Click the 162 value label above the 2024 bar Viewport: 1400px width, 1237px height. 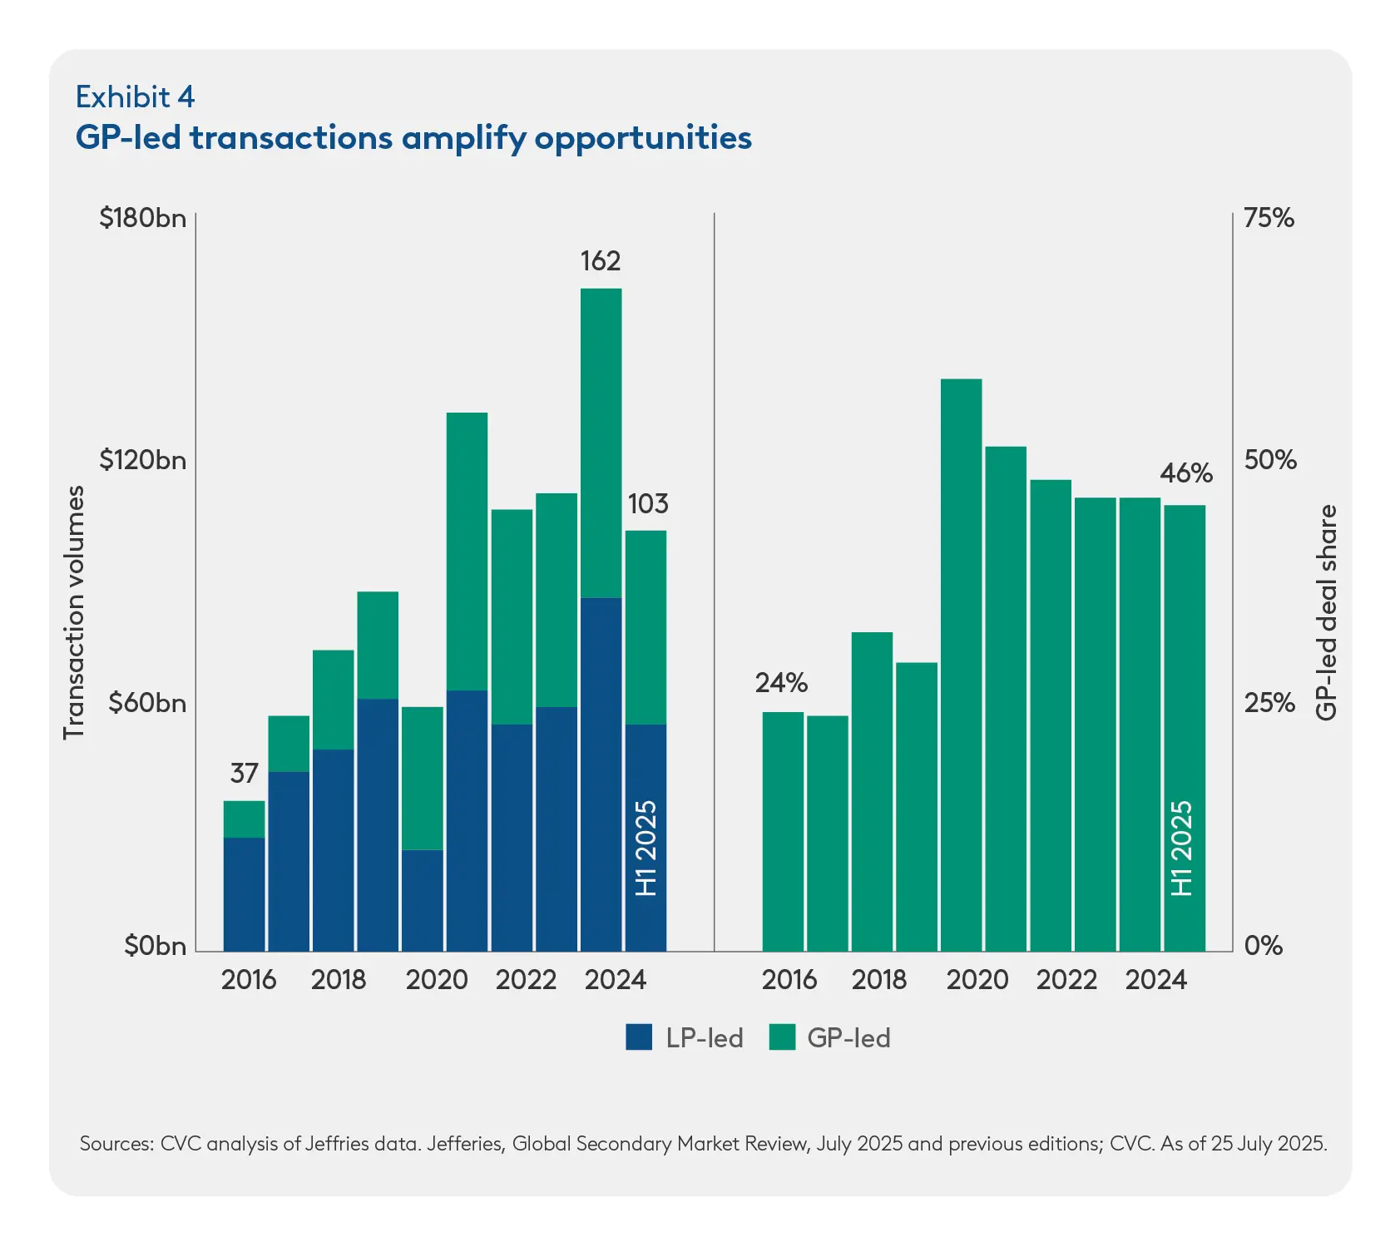click(600, 261)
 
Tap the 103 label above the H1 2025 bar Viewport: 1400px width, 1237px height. click(647, 504)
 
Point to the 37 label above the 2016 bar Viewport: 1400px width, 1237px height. click(244, 774)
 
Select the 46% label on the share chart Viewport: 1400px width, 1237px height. click(1186, 473)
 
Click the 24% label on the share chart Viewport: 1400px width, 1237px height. click(781, 683)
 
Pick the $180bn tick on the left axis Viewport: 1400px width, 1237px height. click(142, 218)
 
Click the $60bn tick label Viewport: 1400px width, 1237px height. click(147, 704)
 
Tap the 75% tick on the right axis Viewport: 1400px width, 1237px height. click(1269, 218)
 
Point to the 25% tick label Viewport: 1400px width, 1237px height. click(1269, 704)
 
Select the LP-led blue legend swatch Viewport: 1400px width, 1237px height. click(639, 1037)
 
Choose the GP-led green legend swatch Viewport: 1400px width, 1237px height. click(782, 1037)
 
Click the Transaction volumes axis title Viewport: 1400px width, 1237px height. click(75, 612)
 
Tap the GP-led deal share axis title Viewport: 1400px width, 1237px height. click(1327, 612)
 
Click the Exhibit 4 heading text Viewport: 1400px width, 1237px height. click(135, 97)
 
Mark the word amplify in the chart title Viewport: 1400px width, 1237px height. click(463, 139)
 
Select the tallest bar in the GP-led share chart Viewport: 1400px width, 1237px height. click(961, 665)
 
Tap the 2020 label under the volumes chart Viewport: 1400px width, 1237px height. click(437, 980)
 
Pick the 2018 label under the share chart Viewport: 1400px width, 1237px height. click(878, 980)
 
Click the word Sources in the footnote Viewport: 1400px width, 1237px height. click(116, 1144)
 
